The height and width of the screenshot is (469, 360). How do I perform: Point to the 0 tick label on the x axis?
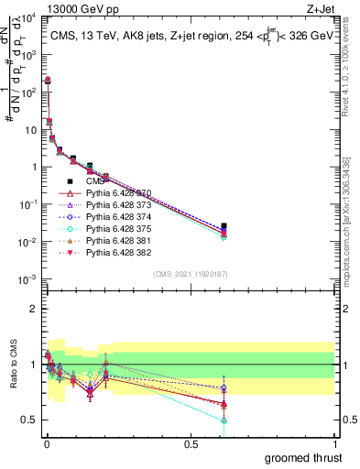(45, 443)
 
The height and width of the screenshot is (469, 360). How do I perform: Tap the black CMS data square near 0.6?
(224, 225)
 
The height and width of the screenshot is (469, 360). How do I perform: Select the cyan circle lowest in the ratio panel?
(224, 420)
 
